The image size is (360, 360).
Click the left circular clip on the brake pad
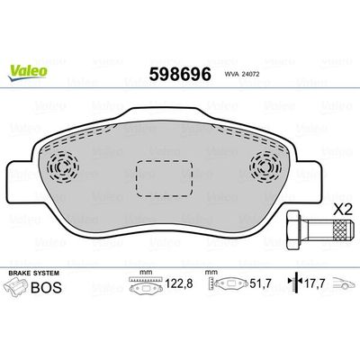63,166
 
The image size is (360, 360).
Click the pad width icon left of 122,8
144,287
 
